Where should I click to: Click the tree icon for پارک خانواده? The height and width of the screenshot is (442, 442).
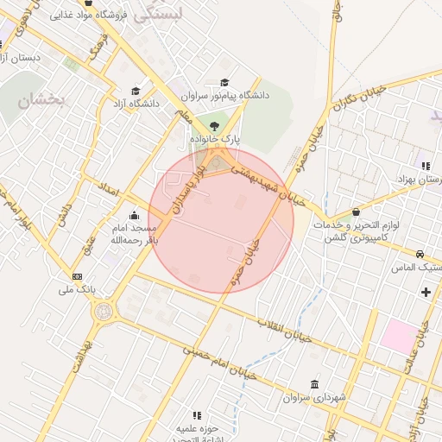point(214,126)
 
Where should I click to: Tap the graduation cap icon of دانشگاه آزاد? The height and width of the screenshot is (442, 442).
point(136,91)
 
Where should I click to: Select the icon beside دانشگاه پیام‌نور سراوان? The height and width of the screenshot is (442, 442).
point(224,83)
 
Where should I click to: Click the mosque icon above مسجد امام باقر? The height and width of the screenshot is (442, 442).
point(133,216)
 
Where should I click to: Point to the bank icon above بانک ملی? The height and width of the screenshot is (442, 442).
point(79,277)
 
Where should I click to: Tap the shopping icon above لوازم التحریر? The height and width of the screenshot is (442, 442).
point(356,212)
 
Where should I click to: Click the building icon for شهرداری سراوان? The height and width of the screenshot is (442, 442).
point(313,384)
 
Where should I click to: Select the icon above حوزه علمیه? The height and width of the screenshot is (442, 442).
point(197,415)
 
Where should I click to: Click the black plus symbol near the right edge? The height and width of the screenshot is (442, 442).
point(426,292)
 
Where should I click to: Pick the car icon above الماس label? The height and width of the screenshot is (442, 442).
point(420,255)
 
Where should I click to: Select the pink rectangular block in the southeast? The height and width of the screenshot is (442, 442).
point(398,336)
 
